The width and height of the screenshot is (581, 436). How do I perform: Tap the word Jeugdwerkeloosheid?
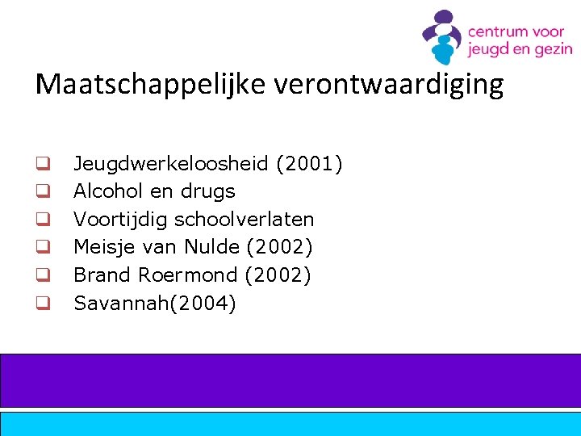[x=171, y=165]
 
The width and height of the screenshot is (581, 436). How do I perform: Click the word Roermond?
[x=187, y=275]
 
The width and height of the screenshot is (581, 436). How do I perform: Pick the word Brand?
[x=102, y=275]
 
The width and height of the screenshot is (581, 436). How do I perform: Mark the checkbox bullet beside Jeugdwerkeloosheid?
[x=43, y=165]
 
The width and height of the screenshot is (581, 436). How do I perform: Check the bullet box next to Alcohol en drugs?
[x=43, y=192]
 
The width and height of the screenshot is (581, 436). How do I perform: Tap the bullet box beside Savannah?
[x=43, y=304]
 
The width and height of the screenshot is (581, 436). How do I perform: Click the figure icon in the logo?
[x=442, y=37]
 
